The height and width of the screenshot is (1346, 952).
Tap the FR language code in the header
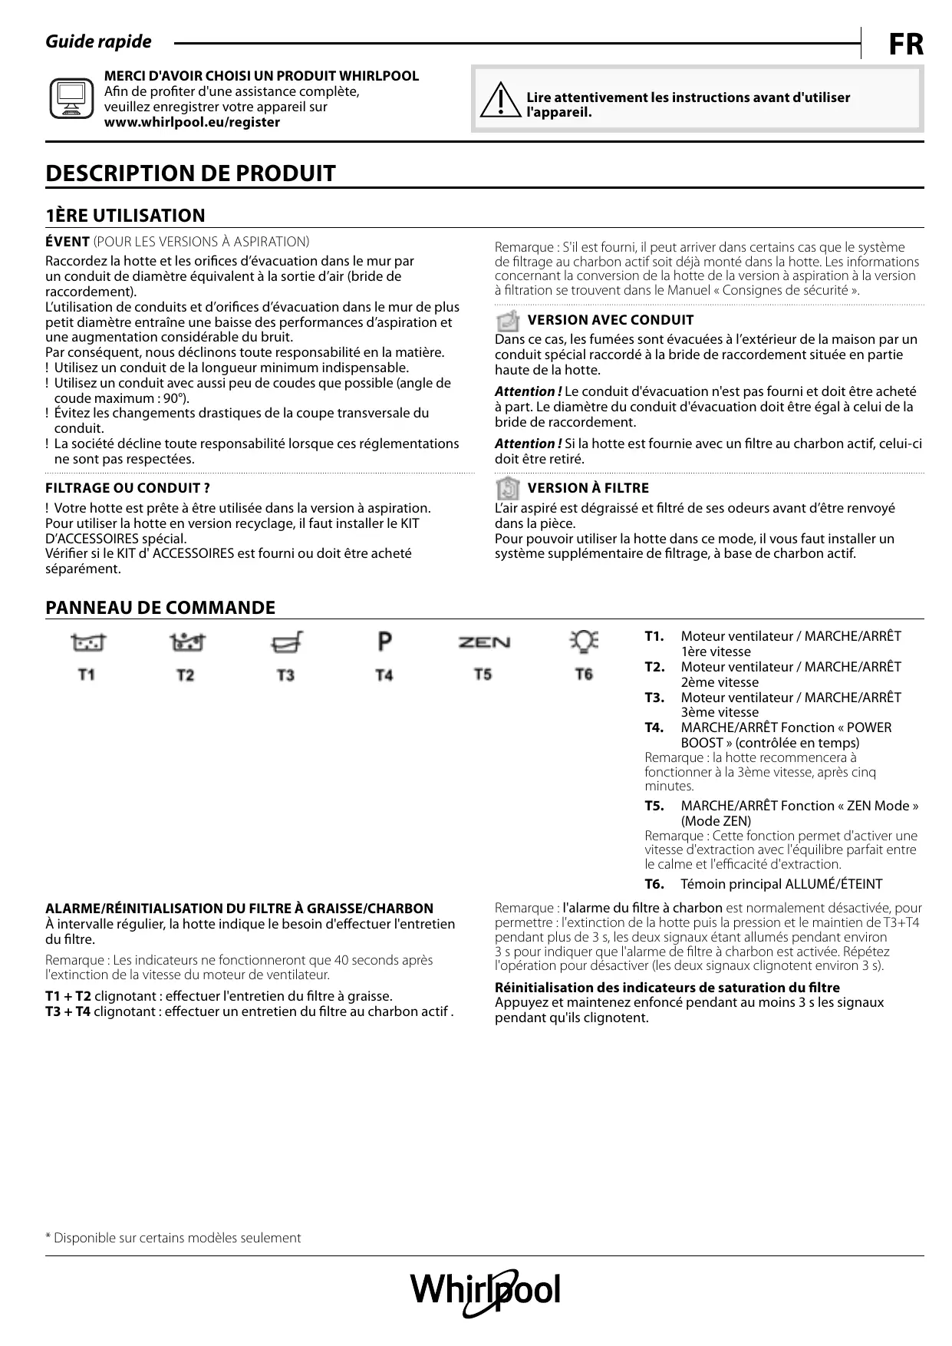[x=906, y=45]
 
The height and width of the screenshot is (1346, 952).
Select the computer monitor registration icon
[x=71, y=98]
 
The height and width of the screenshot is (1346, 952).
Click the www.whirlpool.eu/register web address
[x=192, y=123]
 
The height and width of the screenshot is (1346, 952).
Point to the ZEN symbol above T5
[x=483, y=642]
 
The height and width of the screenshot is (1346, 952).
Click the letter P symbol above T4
[x=384, y=641]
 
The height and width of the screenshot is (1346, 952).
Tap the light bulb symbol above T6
[x=584, y=641]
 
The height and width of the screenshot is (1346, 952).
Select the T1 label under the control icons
[x=87, y=675]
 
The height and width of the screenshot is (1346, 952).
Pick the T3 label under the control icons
[x=285, y=675]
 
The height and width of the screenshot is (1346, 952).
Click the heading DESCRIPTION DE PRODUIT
[x=190, y=173]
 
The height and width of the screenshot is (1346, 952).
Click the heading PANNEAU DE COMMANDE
[x=160, y=608]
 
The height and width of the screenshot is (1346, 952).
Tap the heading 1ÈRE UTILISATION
[x=125, y=216]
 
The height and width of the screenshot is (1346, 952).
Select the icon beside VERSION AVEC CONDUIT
[x=507, y=320]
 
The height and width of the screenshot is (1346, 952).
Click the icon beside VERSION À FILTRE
[x=507, y=488]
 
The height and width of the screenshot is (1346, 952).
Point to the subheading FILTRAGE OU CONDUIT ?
[x=127, y=488]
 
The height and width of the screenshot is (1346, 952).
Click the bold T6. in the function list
[x=654, y=884]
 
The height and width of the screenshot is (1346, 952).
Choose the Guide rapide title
[x=98, y=42]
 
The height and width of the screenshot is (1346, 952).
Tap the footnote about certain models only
[x=173, y=1238]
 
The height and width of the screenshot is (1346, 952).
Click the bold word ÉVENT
[x=68, y=242]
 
